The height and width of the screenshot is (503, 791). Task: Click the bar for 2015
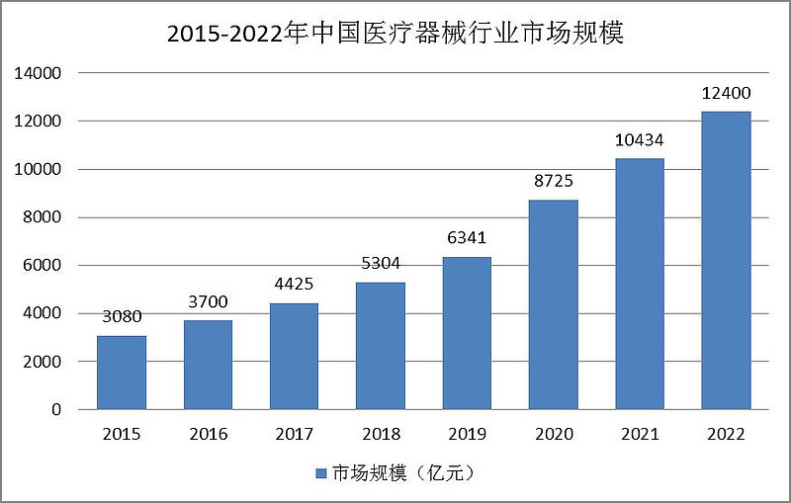click(x=122, y=373)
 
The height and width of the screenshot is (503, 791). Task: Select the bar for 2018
click(x=381, y=346)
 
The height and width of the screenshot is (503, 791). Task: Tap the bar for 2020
click(x=554, y=304)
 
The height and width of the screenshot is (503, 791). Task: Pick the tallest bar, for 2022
click(x=727, y=260)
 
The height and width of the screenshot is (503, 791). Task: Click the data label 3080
click(x=122, y=317)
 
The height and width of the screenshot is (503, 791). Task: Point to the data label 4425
click(x=295, y=285)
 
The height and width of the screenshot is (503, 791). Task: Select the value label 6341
click(x=467, y=238)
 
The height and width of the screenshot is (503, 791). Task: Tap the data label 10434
click(x=640, y=139)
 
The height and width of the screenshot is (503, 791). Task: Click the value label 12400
click(x=727, y=93)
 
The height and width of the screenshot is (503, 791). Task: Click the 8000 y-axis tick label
click(x=43, y=217)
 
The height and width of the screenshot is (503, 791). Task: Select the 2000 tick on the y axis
click(x=43, y=362)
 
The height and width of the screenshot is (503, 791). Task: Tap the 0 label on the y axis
click(x=56, y=409)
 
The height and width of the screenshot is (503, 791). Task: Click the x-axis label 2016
click(x=209, y=434)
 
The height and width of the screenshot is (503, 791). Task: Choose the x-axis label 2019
click(x=467, y=434)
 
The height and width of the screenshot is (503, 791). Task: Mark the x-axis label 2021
click(x=640, y=434)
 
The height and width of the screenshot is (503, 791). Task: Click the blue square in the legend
click(x=320, y=473)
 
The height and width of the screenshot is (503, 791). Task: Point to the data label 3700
click(x=209, y=301)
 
